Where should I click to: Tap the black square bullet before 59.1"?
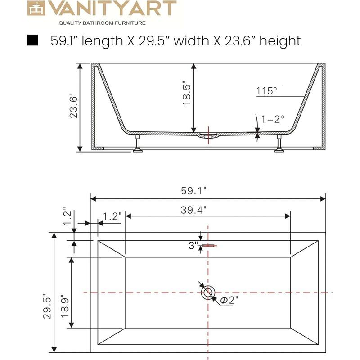click(32, 41)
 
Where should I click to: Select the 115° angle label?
click(267, 91)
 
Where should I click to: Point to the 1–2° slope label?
click(273, 119)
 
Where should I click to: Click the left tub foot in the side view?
click(138, 145)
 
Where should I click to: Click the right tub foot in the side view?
click(280, 145)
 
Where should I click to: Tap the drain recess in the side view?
click(208, 135)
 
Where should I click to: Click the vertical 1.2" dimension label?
click(67, 216)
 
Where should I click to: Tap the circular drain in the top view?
click(207, 292)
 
